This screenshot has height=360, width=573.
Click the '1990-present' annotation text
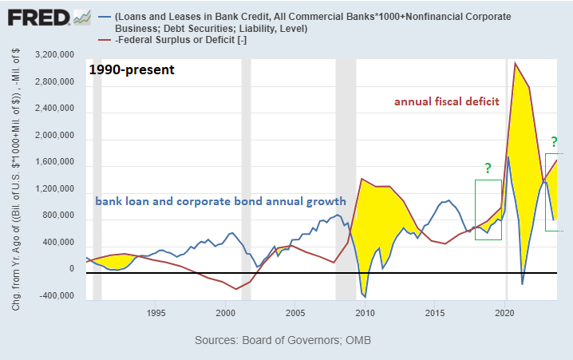[132, 69]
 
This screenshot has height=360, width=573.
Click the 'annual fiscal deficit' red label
[446, 101]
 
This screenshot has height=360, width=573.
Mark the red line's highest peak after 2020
[516, 62]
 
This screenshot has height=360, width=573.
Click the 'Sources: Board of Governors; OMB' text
[283, 341]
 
